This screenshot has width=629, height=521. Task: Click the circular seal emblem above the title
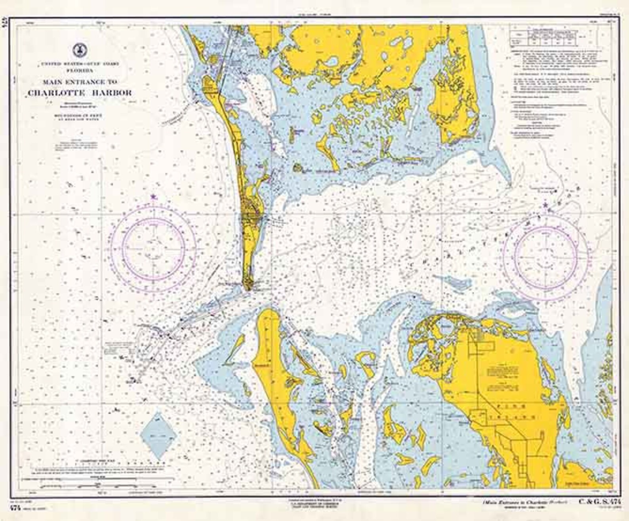(80, 50)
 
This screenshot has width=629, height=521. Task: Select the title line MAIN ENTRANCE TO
(80, 82)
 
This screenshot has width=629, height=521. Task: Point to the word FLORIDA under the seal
(80, 70)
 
